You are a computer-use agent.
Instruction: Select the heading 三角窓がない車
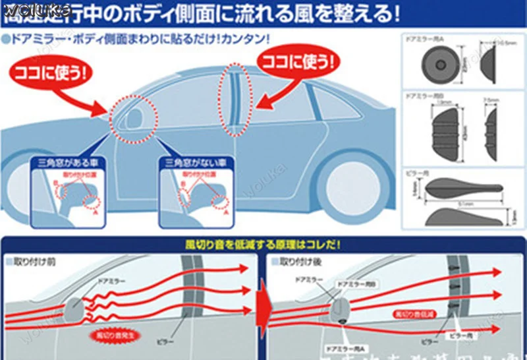point(188,163)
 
